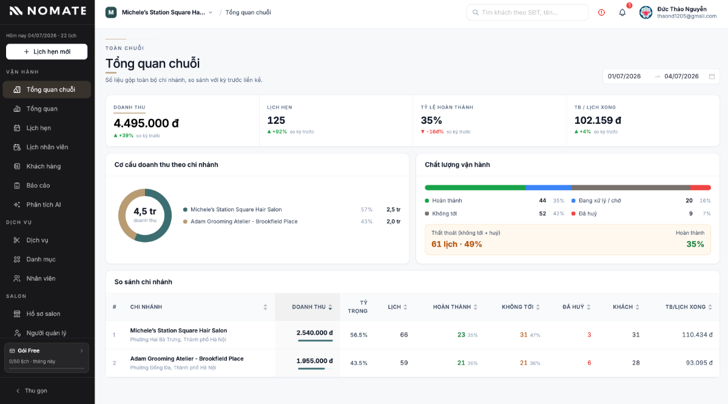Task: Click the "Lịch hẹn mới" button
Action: coord(47,52)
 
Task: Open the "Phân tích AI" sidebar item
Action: coord(43,205)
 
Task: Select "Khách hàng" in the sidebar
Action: coord(43,166)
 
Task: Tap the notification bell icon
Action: coord(622,13)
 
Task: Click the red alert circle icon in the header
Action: coord(601,12)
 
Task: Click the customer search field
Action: coord(527,12)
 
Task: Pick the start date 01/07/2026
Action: coord(624,76)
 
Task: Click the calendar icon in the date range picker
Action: coord(712,76)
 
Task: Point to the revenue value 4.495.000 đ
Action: coord(146,123)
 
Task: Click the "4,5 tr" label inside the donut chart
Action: coord(145,211)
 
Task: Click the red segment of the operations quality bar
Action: coord(700,188)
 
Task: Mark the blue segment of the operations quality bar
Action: coord(548,188)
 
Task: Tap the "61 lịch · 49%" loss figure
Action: coord(457,244)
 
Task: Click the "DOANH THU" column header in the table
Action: coord(309,307)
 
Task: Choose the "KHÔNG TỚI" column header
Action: coord(517,307)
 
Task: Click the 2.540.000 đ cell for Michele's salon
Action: coord(315,333)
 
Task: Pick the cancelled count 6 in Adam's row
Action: coord(589,363)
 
